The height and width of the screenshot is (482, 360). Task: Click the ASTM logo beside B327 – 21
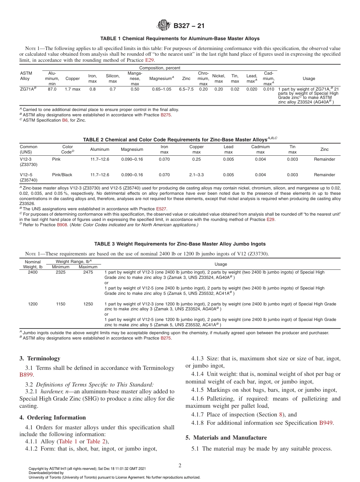pyautogui.click(x=164, y=26)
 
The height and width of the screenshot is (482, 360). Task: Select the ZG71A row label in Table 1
pyautogui.click(x=28, y=89)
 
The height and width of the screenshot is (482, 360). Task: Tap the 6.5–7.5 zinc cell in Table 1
pyautogui.click(x=186, y=89)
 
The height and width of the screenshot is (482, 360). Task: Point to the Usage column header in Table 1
pyautogui.click(x=309, y=78)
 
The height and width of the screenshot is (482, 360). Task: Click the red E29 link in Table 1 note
pyautogui.click(x=150, y=60)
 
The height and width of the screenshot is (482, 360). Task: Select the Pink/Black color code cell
pyautogui.click(x=62, y=175)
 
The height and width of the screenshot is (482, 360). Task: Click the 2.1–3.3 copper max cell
pyautogui.click(x=196, y=175)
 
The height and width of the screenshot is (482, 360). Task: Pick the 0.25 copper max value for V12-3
pyautogui.click(x=196, y=160)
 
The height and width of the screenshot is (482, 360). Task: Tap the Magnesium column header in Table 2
pyautogui.click(x=132, y=149)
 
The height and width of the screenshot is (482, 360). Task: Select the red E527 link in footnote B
pyautogui.click(x=161, y=209)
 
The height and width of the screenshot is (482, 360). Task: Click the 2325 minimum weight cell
pyautogui.click(x=61, y=272)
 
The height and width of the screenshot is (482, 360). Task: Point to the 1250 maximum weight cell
pyautogui.click(x=88, y=304)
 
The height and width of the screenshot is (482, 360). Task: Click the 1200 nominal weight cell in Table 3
pyautogui.click(x=33, y=304)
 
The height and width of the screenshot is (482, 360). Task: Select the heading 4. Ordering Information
pyautogui.click(x=53, y=418)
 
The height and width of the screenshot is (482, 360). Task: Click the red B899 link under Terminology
pyautogui.click(x=27, y=375)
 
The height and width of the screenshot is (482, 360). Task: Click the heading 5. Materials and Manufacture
pyautogui.click(x=226, y=438)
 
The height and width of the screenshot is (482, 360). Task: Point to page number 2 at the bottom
pyautogui.click(x=180, y=465)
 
